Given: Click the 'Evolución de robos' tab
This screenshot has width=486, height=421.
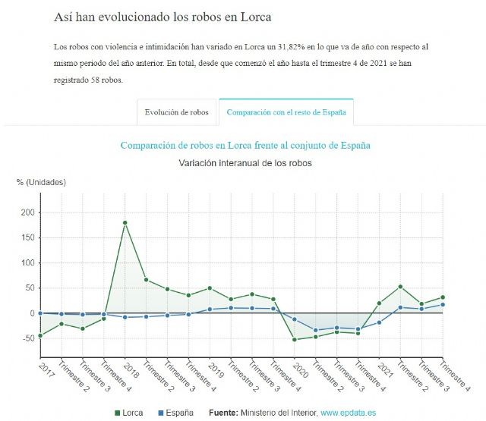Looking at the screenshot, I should point(177,112).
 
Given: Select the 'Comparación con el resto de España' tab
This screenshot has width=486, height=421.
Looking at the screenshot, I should point(286,112).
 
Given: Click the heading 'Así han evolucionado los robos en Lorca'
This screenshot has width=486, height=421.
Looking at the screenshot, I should point(163,17).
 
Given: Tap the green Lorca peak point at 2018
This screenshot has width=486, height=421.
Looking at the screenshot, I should point(125,223).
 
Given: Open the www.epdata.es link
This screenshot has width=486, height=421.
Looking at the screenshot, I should point(348,413).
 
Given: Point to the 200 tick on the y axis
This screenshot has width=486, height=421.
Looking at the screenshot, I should point(27,212).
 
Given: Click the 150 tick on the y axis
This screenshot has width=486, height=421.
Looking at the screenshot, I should point(27,237).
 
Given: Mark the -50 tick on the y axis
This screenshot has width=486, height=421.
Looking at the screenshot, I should point(27,338).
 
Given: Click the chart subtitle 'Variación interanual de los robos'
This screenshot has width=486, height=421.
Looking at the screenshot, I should point(245,163).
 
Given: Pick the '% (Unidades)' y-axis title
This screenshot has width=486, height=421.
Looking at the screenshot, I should point(41,182).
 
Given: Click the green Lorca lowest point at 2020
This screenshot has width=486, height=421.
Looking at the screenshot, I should point(295,339).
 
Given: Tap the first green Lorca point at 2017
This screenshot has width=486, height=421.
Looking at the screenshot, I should point(40,335).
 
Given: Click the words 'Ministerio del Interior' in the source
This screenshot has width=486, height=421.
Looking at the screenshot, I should point(278,413).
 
